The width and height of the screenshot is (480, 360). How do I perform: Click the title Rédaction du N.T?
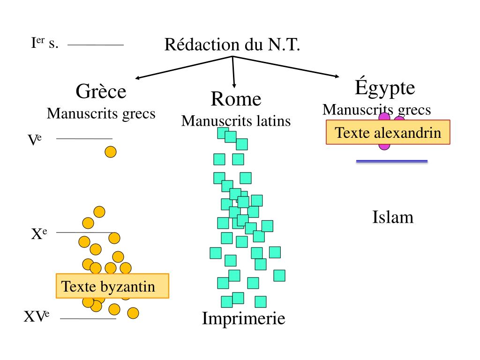point(232,45)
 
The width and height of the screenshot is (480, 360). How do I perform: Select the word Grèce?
point(101,91)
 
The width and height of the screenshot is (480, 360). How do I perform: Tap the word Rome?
point(236,99)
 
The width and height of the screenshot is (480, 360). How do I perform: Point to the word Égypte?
point(385,88)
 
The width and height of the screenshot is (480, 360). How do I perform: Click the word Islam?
point(393,217)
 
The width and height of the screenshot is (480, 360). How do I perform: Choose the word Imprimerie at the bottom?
point(243,319)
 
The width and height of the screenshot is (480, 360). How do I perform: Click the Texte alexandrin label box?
point(388,132)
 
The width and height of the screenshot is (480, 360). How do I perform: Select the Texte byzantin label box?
point(112,286)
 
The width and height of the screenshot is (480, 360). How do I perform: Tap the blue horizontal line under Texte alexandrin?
point(392,161)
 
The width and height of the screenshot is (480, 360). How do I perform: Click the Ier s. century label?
point(45,44)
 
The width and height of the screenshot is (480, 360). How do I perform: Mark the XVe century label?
point(37,317)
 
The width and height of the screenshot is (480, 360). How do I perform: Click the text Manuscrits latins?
point(236,121)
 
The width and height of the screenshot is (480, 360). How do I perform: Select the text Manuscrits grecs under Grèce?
point(101,113)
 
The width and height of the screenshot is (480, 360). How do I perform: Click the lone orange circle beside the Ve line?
point(110,152)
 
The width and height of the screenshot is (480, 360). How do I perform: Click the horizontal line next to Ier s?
point(95,45)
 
